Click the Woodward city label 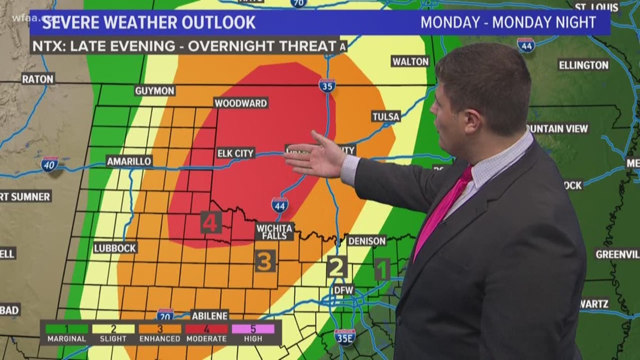click(x=240, y=103)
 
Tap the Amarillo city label click(x=129, y=161)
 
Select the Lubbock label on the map click(x=115, y=248)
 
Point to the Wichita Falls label click(x=275, y=231)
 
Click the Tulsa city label click(x=386, y=117)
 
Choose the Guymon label click(x=155, y=90)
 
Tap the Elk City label click(x=236, y=153)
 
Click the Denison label click(x=367, y=240)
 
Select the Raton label click(x=38, y=79)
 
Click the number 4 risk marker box click(x=211, y=222)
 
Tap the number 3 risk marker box click(x=265, y=261)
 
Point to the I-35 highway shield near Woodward click(x=327, y=85)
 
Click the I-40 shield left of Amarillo click(x=49, y=163)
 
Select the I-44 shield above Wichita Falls click(x=280, y=204)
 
